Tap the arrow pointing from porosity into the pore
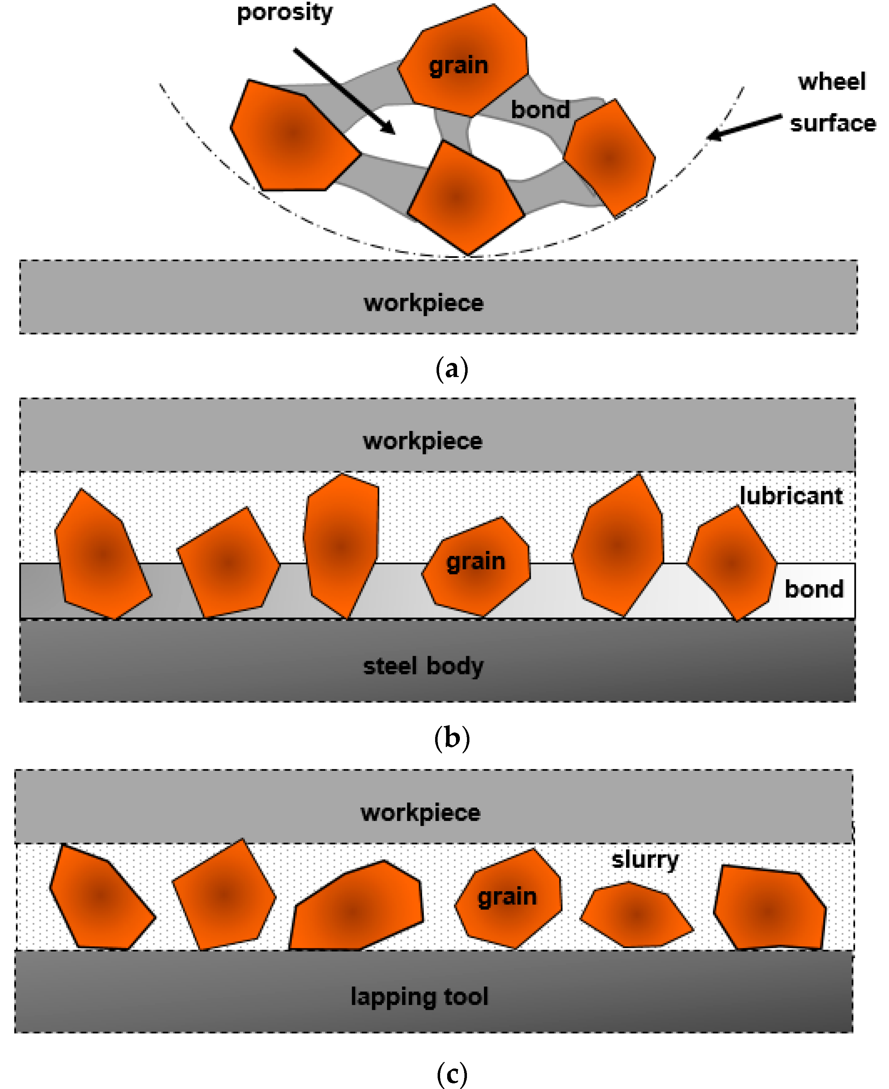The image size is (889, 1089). pyautogui.click(x=344, y=92)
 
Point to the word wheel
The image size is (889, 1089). pyautogui.click(x=832, y=82)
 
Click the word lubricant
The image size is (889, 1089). pyautogui.click(x=791, y=496)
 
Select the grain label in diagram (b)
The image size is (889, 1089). pyautogui.click(x=476, y=562)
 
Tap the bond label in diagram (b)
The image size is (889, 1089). pyautogui.click(x=814, y=589)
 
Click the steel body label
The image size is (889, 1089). pyautogui.click(x=423, y=666)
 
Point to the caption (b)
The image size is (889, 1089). pyautogui.click(x=452, y=738)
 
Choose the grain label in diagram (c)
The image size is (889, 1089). pyautogui.click(x=507, y=896)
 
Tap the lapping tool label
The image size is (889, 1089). pyautogui.click(x=420, y=996)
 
